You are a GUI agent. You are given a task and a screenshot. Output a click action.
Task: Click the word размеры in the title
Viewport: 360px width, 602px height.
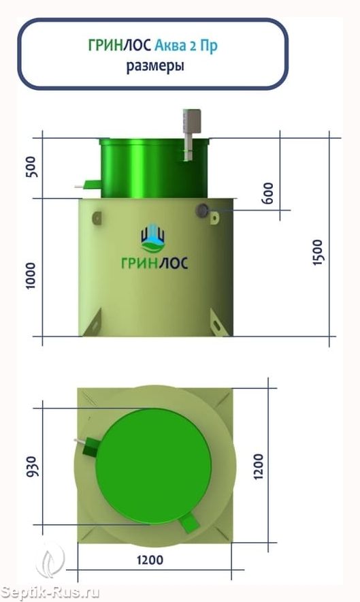(155, 66)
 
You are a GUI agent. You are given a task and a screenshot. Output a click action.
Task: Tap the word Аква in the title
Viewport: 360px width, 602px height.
(169, 46)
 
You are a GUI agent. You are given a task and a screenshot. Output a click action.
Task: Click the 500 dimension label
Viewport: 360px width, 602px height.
(32, 167)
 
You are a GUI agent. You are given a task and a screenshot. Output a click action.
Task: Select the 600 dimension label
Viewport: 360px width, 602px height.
(269, 193)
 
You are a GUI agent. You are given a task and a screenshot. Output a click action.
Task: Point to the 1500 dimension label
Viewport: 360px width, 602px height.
(318, 252)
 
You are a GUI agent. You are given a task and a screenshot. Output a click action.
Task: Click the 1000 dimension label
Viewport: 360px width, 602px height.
(30, 276)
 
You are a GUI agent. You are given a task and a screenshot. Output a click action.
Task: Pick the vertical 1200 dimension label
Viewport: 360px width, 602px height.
(259, 466)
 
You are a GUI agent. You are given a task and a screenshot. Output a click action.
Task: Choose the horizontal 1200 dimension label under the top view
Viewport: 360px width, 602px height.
(150, 560)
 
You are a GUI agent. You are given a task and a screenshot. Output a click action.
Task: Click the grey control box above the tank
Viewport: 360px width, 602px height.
(191, 121)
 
